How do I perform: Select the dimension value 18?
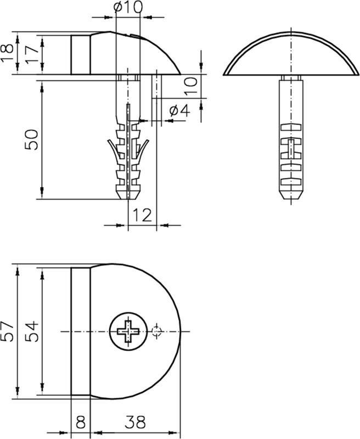coord(7,53)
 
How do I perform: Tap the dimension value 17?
coord(31,54)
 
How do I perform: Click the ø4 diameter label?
coord(178,110)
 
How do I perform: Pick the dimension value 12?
coord(142,215)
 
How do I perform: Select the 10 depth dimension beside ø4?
coord(190,86)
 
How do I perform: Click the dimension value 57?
coord(7,331)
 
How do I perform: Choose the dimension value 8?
coord(81,422)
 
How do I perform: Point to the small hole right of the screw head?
coord(157,332)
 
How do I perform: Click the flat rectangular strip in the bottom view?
coord(81,331)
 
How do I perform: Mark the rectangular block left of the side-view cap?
coord(81,54)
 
